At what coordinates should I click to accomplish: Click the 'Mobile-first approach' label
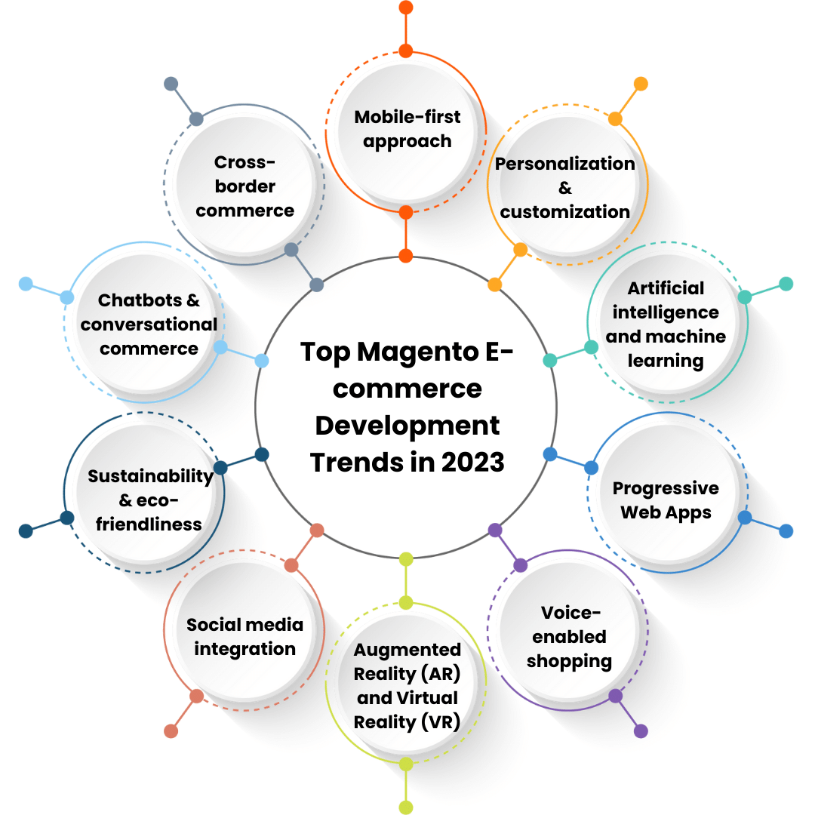click(x=407, y=129)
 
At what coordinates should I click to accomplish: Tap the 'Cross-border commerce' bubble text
click(x=244, y=186)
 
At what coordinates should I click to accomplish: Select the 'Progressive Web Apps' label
click(x=666, y=500)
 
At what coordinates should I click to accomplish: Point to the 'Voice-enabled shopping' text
click(x=570, y=637)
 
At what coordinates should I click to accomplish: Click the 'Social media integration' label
click(x=244, y=637)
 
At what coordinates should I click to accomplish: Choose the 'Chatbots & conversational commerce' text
click(x=149, y=324)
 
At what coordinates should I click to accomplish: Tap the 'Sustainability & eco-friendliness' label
click(x=150, y=500)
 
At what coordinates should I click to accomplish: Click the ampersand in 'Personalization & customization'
click(x=565, y=188)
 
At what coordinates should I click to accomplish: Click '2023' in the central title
click(x=473, y=462)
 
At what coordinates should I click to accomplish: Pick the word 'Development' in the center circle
click(x=407, y=425)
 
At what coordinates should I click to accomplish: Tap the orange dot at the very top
click(x=406, y=8)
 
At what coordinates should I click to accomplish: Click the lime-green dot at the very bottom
click(x=406, y=807)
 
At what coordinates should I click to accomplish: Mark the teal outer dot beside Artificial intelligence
click(x=786, y=284)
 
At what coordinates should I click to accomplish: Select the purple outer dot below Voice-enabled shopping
click(x=641, y=730)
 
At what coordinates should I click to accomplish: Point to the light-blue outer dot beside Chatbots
click(x=26, y=284)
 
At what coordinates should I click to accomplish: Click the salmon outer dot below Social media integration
click(x=171, y=730)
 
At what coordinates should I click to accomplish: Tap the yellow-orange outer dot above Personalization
click(x=641, y=84)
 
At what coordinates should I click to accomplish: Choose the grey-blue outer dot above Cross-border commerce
click(x=171, y=84)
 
